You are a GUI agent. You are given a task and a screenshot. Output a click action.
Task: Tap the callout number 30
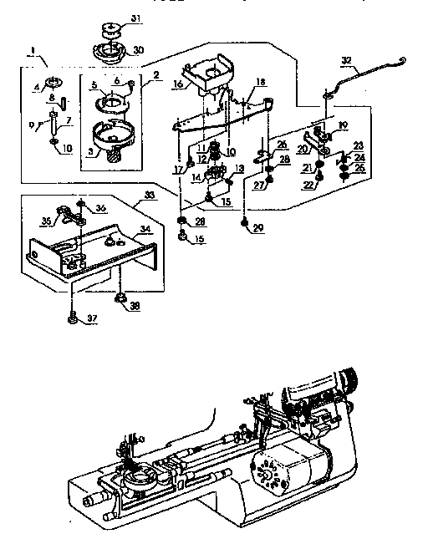[139, 48]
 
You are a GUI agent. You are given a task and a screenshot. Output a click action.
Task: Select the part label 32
[348, 60]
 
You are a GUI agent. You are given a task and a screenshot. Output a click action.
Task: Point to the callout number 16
[178, 85]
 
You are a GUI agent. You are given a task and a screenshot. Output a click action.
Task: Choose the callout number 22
[308, 186]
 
